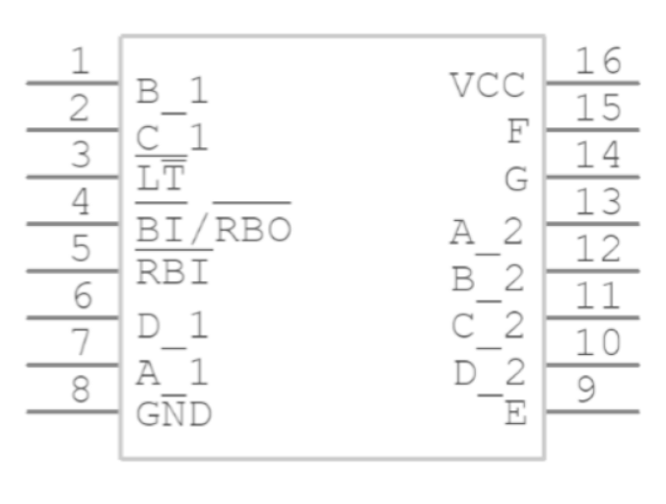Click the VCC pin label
pyautogui.click(x=488, y=86)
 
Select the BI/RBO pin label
pyautogui.click(x=213, y=228)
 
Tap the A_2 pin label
pyautogui.click(x=488, y=234)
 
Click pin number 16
pyautogui.click(x=598, y=61)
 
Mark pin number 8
pyautogui.click(x=82, y=391)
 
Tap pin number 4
pyautogui.click(x=82, y=203)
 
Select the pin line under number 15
pyautogui.click(x=591, y=129)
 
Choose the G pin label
pyautogui.click(x=514, y=180)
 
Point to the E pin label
pyautogui.click(x=514, y=413)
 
